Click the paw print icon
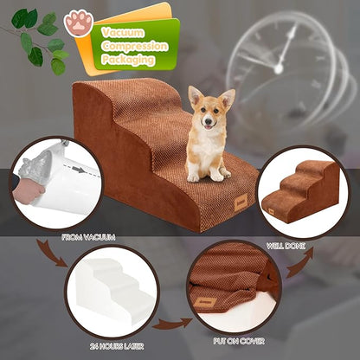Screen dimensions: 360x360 79,22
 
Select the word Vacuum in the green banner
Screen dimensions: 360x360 123,32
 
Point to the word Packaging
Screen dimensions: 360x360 127,60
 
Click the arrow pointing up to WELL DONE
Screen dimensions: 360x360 299,264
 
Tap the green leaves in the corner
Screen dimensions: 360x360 40,39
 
